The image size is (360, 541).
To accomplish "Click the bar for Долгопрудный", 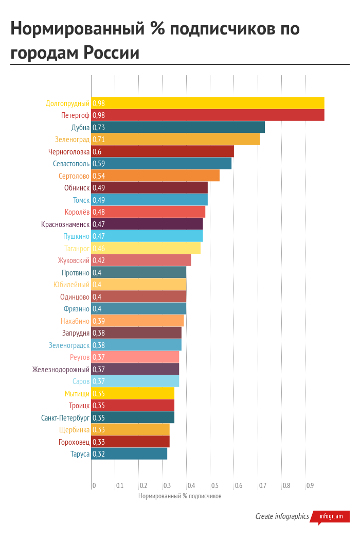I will [x=208, y=103].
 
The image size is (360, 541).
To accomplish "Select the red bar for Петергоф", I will [x=208, y=115].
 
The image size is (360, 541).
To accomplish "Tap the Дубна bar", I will [x=178, y=127].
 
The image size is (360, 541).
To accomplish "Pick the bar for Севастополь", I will [x=161, y=164].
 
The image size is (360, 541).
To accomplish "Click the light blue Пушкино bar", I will [x=147, y=236].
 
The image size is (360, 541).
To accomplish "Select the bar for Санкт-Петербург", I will [x=133, y=417].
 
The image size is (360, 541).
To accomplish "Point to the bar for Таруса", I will [x=129, y=454].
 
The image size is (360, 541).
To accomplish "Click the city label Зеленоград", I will [x=72, y=139].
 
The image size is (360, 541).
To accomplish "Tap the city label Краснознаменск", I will [x=65, y=224].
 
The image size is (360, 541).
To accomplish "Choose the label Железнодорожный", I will [x=61, y=369].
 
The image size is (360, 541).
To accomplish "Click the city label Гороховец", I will [x=74, y=442].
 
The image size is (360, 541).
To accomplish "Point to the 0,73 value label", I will [x=98, y=128].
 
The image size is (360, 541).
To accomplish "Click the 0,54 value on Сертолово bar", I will [x=98, y=176].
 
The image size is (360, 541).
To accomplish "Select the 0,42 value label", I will [x=98, y=260].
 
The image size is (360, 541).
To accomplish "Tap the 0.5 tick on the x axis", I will [x=214, y=485].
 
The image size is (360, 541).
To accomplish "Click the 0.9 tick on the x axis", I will [x=310, y=485].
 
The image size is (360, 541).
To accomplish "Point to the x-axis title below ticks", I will [x=179, y=496].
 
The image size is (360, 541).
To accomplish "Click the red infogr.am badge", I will [x=331, y=516].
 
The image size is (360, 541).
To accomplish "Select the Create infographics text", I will [x=282, y=516].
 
